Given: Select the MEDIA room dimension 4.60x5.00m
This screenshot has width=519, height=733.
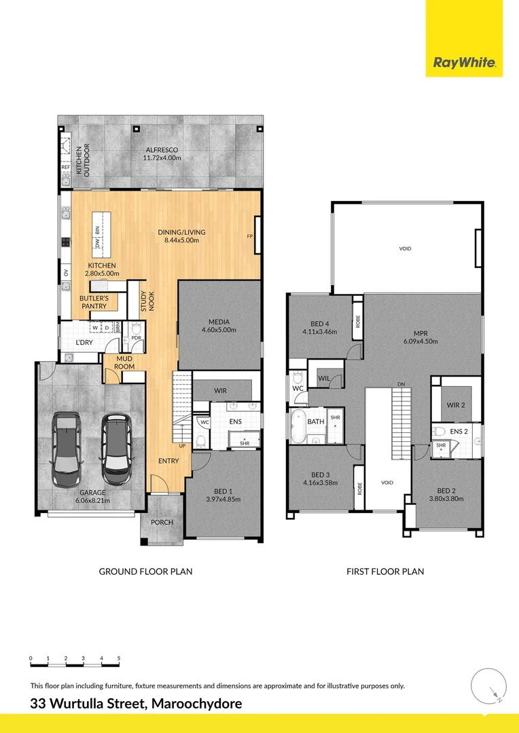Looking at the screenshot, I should coord(218,330).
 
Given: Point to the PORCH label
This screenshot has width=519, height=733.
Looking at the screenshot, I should coord(162,522).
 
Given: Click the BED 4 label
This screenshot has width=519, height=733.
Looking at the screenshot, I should coord(319,324).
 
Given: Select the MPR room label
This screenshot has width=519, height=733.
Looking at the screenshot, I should coord(420,333).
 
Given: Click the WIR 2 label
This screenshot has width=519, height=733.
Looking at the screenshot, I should coord(455,405).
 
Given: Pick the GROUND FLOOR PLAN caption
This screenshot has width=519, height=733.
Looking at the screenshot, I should coord(145,571).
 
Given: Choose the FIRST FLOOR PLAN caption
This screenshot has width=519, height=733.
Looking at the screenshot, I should coord(384,571).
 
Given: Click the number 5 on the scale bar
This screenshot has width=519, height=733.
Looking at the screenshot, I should coord(119,658).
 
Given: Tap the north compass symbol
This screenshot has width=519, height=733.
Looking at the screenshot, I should coord(488,685).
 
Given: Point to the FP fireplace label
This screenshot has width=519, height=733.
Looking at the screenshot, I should coord(250,236).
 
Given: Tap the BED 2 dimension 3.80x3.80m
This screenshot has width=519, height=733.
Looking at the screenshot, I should coord(446,499).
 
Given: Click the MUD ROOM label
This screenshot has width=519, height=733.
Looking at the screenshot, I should coord(125,362).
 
